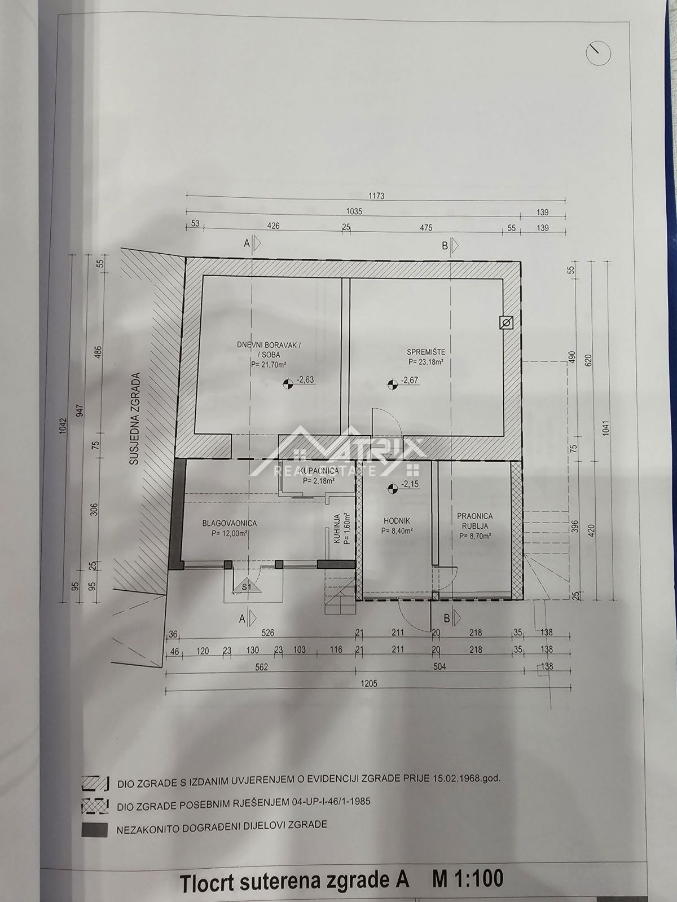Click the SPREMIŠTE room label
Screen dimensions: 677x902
(x=426, y=352)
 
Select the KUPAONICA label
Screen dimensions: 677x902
(x=319, y=470)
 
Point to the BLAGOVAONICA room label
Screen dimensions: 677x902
(x=230, y=523)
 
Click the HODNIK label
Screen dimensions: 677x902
(x=396, y=520)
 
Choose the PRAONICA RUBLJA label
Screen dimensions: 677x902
(x=475, y=520)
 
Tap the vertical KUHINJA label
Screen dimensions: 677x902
(x=337, y=529)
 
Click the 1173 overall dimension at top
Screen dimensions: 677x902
(x=376, y=196)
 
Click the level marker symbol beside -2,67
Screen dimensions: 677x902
(x=393, y=384)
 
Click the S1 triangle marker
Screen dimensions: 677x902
(x=246, y=587)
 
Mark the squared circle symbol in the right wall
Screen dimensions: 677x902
(x=507, y=323)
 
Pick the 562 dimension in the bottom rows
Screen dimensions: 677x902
(x=261, y=666)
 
